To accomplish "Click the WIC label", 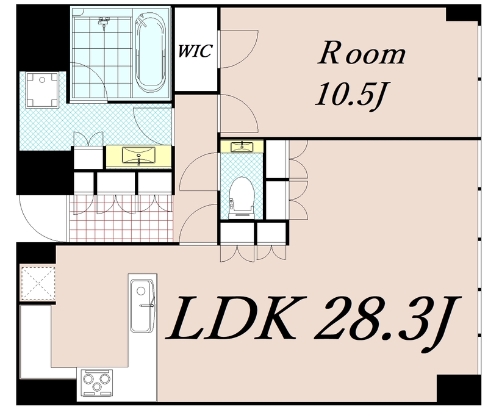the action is click(x=195, y=51).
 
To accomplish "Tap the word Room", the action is click(x=361, y=53).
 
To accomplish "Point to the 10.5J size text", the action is click(x=348, y=95).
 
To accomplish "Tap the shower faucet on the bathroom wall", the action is click(x=104, y=23).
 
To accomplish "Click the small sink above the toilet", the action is click(x=242, y=146).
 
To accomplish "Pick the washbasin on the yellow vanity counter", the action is click(x=138, y=156).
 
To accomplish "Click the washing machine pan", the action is click(x=42, y=90).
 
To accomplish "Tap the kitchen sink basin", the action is click(x=142, y=306).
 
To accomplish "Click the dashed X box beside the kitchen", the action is click(x=37, y=283).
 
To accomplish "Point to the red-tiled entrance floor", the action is click(x=121, y=218).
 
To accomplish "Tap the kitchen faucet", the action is click(x=147, y=306).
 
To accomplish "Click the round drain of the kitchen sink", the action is click(x=142, y=292).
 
